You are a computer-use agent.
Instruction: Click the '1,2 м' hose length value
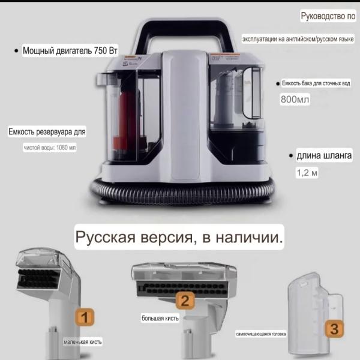[x=306, y=173]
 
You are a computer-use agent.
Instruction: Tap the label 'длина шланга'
[x=324, y=156]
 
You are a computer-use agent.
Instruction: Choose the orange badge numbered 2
[x=186, y=301]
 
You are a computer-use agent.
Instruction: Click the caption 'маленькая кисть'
[x=83, y=343]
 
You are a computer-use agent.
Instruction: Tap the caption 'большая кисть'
[x=160, y=318]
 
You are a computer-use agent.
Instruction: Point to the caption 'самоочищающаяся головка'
[x=260, y=334]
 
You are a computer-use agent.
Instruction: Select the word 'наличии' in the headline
[x=253, y=238]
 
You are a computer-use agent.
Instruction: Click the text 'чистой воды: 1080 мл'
[x=50, y=147]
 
